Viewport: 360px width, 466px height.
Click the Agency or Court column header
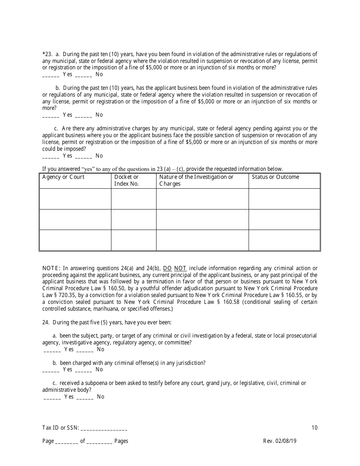pos(63,177)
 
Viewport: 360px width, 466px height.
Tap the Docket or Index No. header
pos(127,180)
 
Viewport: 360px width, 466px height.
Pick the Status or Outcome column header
pos(275,177)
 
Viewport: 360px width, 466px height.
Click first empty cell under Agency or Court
pos(75,199)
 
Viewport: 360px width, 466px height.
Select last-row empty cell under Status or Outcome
pos(284,240)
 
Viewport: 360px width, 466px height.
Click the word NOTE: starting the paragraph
pos(51,268)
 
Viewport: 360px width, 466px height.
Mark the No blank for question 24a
pos(85,350)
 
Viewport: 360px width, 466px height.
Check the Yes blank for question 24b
pos(50,370)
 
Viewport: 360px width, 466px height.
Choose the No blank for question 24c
pos(85,397)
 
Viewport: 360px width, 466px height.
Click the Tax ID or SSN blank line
pos(104,428)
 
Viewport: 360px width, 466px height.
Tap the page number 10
pos(315,428)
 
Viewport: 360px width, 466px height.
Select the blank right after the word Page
pos(67,442)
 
